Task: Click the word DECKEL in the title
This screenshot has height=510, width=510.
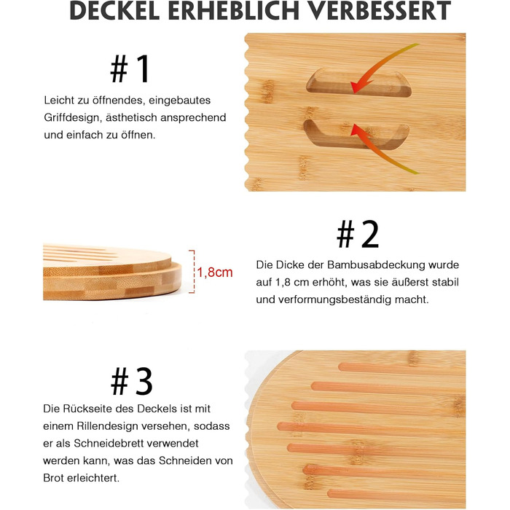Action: coord(114,11)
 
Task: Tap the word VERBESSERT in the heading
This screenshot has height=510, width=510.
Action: coord(380,11)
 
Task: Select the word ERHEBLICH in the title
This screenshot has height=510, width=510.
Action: coord(234,11)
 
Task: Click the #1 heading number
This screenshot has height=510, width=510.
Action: coord(130,68)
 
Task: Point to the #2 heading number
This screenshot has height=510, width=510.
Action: coord(358,234)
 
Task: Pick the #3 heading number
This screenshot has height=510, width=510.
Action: coord(131,381)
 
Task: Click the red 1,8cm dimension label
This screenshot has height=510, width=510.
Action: coord(215,272)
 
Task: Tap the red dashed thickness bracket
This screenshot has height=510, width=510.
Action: coord(193,272)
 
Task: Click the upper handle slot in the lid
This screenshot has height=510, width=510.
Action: coord(358,83)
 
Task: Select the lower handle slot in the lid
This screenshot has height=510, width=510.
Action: coord(356,134)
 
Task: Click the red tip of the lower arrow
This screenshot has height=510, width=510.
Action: coord(353,128)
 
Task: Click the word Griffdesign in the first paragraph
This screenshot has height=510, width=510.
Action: coord(71,117)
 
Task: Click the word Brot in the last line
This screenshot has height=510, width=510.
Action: coord(53,478)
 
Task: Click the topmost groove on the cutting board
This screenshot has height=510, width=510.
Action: coord(402,369)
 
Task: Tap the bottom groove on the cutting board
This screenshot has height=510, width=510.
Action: coord(396,495)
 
